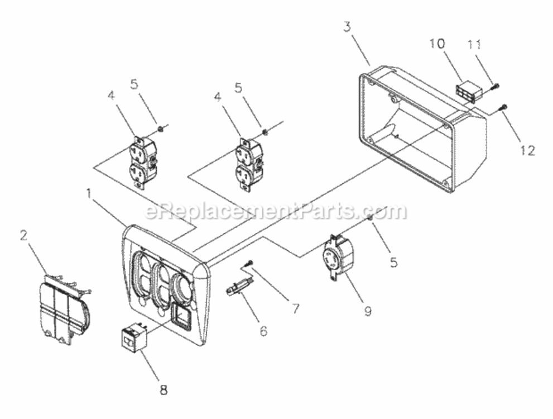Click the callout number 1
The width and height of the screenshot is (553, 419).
89,193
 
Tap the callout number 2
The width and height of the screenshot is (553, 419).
23,236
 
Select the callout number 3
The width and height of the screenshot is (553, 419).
348,27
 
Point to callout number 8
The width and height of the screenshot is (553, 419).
164,390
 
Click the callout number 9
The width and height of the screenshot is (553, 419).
368,311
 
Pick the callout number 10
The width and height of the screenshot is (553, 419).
437,44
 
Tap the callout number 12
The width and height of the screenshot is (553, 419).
527,150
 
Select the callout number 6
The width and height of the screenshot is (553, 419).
263,331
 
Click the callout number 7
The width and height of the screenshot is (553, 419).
295,308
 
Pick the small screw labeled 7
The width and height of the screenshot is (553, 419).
249,263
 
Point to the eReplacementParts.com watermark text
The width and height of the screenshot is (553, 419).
276,211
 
